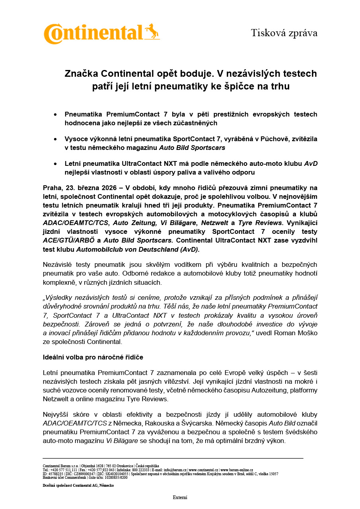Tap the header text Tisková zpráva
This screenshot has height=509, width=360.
tap(284, 33)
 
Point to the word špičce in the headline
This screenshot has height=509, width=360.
tap(236, 86)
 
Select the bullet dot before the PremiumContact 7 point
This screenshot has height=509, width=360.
tap(55, 115)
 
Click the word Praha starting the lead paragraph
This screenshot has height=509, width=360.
tap(52, 188)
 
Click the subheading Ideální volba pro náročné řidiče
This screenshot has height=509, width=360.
tap(93, 357)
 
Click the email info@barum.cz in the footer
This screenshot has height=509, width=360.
tap(175, 470)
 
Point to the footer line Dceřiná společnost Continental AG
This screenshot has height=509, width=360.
tap(78, 486)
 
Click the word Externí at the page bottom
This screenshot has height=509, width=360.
tap(180, 497)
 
